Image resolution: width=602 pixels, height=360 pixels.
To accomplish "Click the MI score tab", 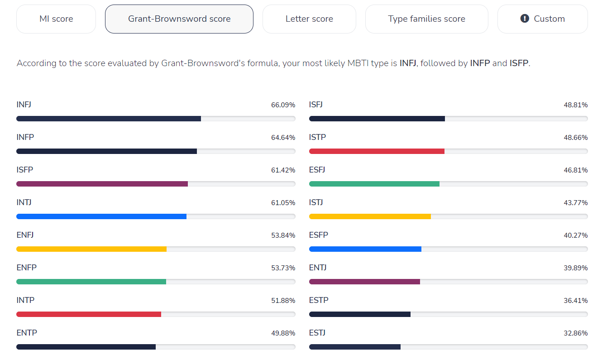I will pyautogui.click(x=56, y=19).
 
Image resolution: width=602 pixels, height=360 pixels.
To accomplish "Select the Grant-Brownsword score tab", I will pyautogui.click(x=179, y=19).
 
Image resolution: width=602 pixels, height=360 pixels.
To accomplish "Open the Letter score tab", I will pyautogui.click(x=309, y=19).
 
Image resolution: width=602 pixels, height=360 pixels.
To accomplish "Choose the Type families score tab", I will pyautogui.click(x=426, y=19).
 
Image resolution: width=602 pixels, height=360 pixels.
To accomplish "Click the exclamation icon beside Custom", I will pyautogui.click(x=525, y=19).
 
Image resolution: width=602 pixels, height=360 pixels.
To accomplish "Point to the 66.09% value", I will pyautogui.click(x=283, y=105).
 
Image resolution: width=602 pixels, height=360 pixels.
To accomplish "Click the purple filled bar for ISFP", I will pyautogui.click(x=102, y=184).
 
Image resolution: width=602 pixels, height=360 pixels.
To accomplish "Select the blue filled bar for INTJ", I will pyautogui.click(x=101, y=216).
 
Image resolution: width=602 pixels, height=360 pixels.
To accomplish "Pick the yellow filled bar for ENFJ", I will pyautogui.click(x=91, y=249).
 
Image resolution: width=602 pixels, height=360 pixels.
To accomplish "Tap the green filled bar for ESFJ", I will pyautogui.click(x=374, y=184).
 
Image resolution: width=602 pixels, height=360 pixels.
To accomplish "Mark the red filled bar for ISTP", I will pyautogui.click(x=377, y=151).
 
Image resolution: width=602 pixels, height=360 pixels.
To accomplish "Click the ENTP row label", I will pyautogui.click(x=27, y=333).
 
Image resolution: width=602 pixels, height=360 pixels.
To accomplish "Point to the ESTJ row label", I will pyautogui.click(x=317, y=333).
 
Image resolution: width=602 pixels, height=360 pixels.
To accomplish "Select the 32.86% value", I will pyautogui.click(x=576, y=333).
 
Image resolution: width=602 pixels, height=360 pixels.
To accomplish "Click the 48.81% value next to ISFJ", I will pyautogui.click(x=576, y=105).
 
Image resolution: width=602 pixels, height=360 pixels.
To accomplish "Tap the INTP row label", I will pyautogui.click(x=25, y=300).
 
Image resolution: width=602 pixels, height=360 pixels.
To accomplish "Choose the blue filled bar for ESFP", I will pyautogui.click(x=365, y=249).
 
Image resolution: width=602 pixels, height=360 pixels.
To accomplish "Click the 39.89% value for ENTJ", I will pyautogui.click(x=576, y=268).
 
